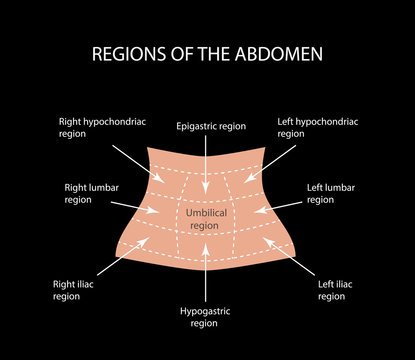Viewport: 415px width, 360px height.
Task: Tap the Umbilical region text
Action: (x=203, y=220)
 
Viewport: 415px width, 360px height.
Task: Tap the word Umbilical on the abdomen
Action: (x=203, y=213)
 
